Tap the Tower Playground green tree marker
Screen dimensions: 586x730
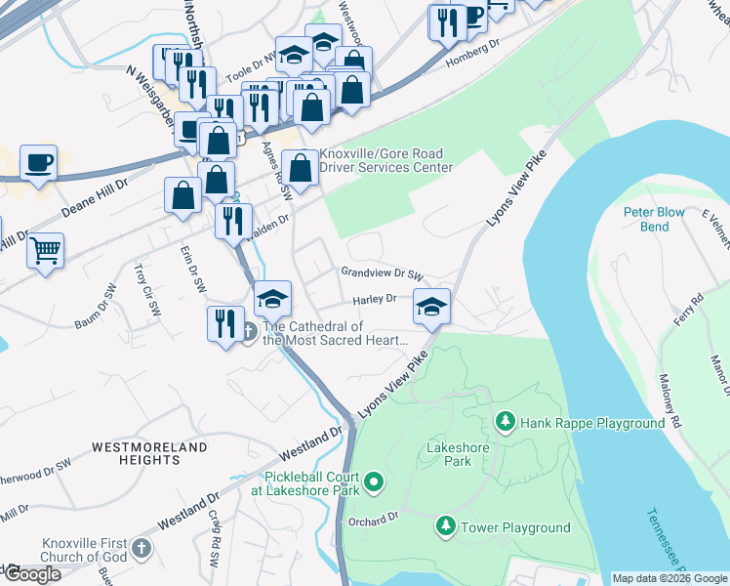pyautogui.click(x=446, y=527)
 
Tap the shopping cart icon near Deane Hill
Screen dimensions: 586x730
pyautogui.click(x=45, y=251)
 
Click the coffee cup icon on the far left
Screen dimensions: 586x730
pyautogui.click(x=38, y=162)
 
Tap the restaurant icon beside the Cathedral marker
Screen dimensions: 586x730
pyautogui.click(x=225, y=323)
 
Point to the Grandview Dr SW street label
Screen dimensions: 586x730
pyautogui.click(x=382, y=274)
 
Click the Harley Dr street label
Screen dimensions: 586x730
pyautogui.click(x=374, y=299)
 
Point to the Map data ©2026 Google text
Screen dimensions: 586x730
pyautogui.click(x=669, y=578)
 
